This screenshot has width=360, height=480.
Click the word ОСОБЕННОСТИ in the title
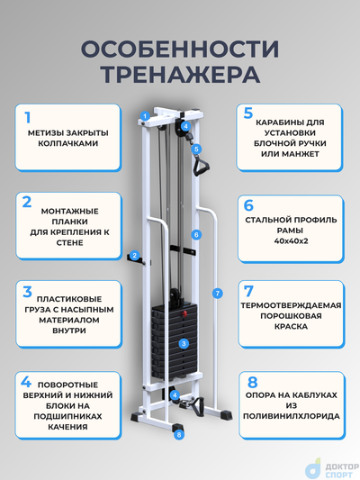pyautogui.click(x=180, y=47)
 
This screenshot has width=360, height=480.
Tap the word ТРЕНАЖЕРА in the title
pyautogui.click(x=180, y=72)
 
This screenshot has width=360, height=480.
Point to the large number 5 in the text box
pyautogui.click(x=248, y=113)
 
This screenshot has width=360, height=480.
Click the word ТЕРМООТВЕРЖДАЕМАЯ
pyautogui.click(x=293, y=304)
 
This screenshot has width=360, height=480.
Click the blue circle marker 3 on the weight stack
pyautogui.click(x=183, y=343)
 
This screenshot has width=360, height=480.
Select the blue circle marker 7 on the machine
pyautogui.click(x=216, y=293)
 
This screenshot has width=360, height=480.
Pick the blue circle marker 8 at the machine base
pyautogui.click(x=179, y=435)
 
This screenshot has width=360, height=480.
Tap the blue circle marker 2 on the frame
pyautogui.click(x=135, y=256)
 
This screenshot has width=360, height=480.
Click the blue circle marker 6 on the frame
pyautogui.click(x=195, y=234)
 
